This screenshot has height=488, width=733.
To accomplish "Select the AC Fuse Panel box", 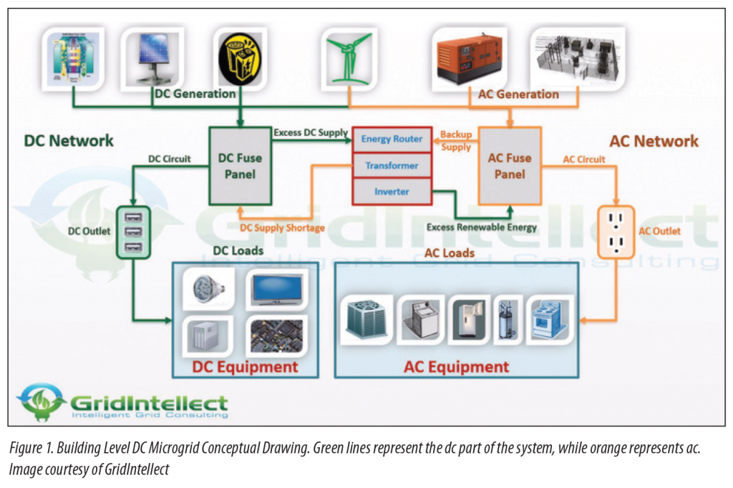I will coord(509,166).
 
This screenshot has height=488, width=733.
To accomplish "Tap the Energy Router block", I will coord(392,139).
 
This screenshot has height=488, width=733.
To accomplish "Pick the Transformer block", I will coord(392,165).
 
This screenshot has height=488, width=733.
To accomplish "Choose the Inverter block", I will coord(392,191).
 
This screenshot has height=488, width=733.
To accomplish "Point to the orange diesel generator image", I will coord(470,57).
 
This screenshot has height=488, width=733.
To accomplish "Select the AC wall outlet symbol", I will coord(615,232).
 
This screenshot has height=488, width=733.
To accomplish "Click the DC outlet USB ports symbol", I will coord(133,232).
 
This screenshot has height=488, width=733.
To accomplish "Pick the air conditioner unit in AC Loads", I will coord(366,319).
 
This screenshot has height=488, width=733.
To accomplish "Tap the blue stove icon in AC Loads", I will coord(550,320).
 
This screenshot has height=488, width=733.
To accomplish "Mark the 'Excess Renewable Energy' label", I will coord(481,228).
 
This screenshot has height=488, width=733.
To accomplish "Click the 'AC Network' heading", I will coord(654,141).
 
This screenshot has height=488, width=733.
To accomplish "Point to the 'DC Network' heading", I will coord(69,140).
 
